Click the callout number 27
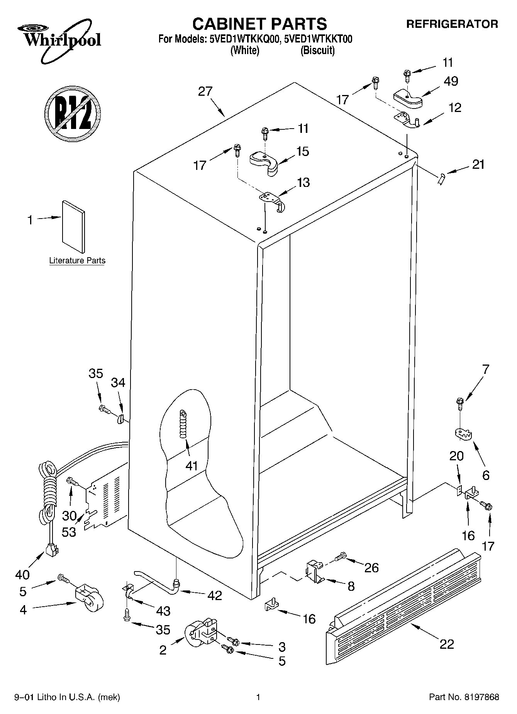205,92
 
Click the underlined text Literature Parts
77,261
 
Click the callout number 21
478,165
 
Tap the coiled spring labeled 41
183,424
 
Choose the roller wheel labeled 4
89,599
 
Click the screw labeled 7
459,403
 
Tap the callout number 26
371,568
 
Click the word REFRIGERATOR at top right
452,24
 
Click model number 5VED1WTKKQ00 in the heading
245,39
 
